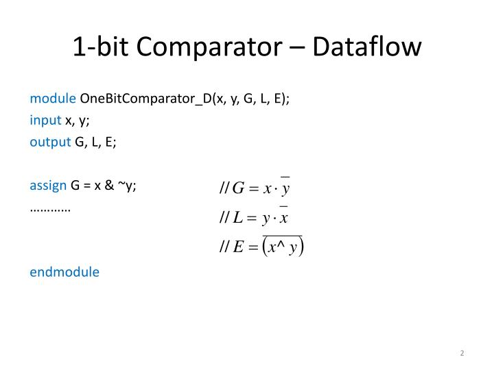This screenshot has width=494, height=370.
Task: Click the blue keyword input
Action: [46, 120]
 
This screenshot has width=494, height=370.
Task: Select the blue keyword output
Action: [50, 142]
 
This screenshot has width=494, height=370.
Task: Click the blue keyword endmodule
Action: [64, 272]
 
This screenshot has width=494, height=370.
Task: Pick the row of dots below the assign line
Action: [51, 208]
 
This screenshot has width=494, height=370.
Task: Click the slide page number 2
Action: [462, 353]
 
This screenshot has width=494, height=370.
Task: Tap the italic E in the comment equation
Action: [238, 248]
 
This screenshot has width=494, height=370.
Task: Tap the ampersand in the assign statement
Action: [108, 186]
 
